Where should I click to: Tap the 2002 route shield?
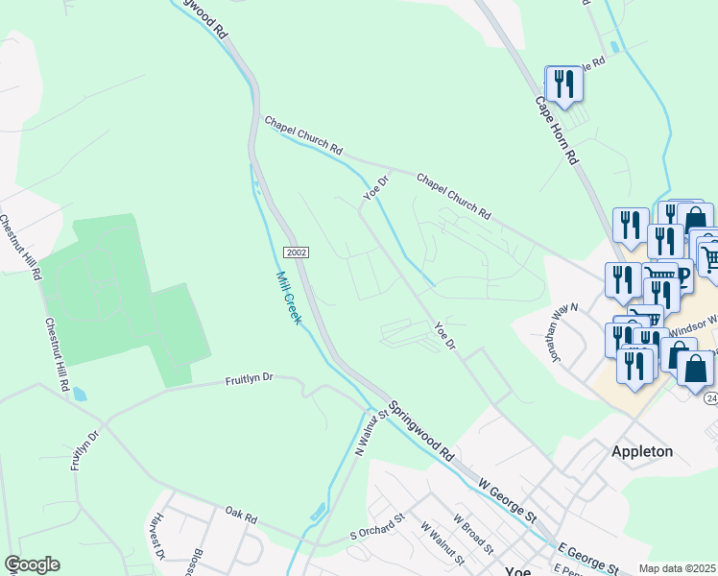click(296, 252)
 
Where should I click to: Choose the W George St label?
click(501, 504)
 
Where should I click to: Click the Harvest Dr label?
click(157, 542)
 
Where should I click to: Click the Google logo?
click(32, 564)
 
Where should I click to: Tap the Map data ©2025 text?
click(678, 569)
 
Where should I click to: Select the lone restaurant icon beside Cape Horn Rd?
click(563, 84)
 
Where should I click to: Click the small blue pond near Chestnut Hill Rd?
click(78, 395)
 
